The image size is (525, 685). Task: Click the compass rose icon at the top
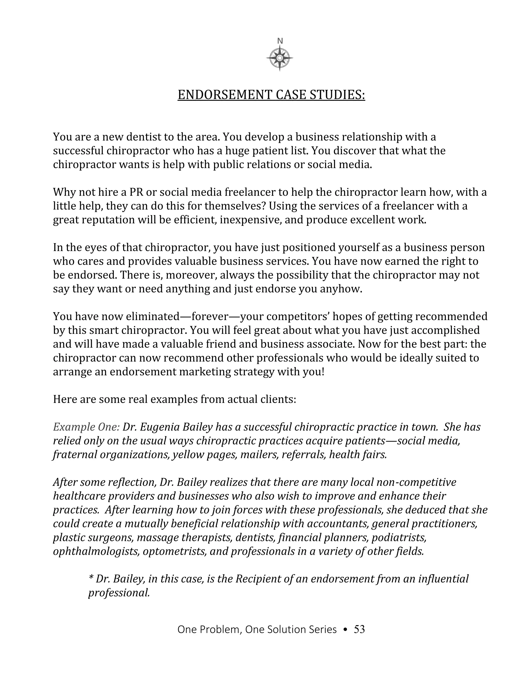point(280,58)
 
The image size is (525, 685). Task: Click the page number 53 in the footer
point(359,629)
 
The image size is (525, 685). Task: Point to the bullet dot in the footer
point(345,630)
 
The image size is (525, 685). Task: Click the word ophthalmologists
point(96,551)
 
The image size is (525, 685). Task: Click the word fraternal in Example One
point(75,454)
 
